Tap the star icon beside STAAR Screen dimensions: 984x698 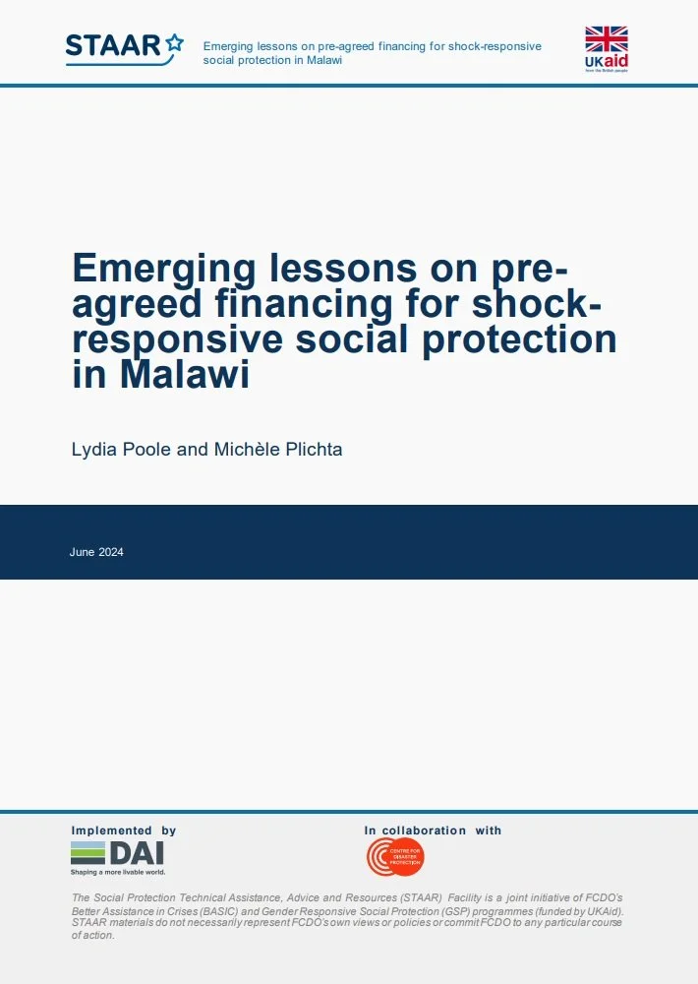point(174,42)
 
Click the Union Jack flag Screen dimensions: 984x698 point(606,39)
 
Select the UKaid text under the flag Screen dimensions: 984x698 point(606,63)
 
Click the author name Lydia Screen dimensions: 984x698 point(94,449)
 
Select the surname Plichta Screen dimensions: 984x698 point(313,449)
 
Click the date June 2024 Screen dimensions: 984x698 point(96,552)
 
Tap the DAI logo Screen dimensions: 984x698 point(117,853)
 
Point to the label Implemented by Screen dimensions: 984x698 point(124,830)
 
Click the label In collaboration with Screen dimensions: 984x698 point(433,830)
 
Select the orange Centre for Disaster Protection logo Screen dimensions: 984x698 point(395,857)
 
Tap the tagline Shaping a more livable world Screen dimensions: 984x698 point(117,872)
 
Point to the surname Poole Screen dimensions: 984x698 point(146,449)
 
